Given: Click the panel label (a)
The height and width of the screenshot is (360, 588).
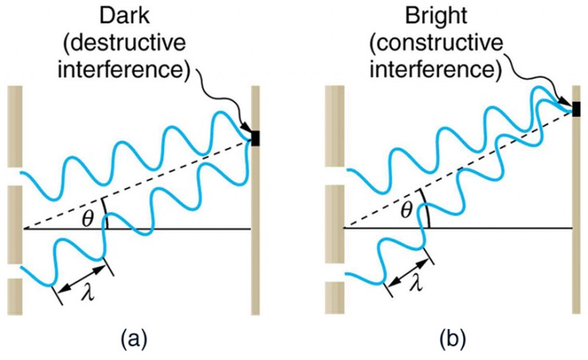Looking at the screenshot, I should [136, 339].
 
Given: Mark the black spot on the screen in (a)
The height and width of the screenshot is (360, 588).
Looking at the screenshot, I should [256, 137].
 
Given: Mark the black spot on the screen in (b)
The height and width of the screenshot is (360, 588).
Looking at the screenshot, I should [576, 109].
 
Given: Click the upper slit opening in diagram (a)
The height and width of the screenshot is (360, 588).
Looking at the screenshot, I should [15, 176].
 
